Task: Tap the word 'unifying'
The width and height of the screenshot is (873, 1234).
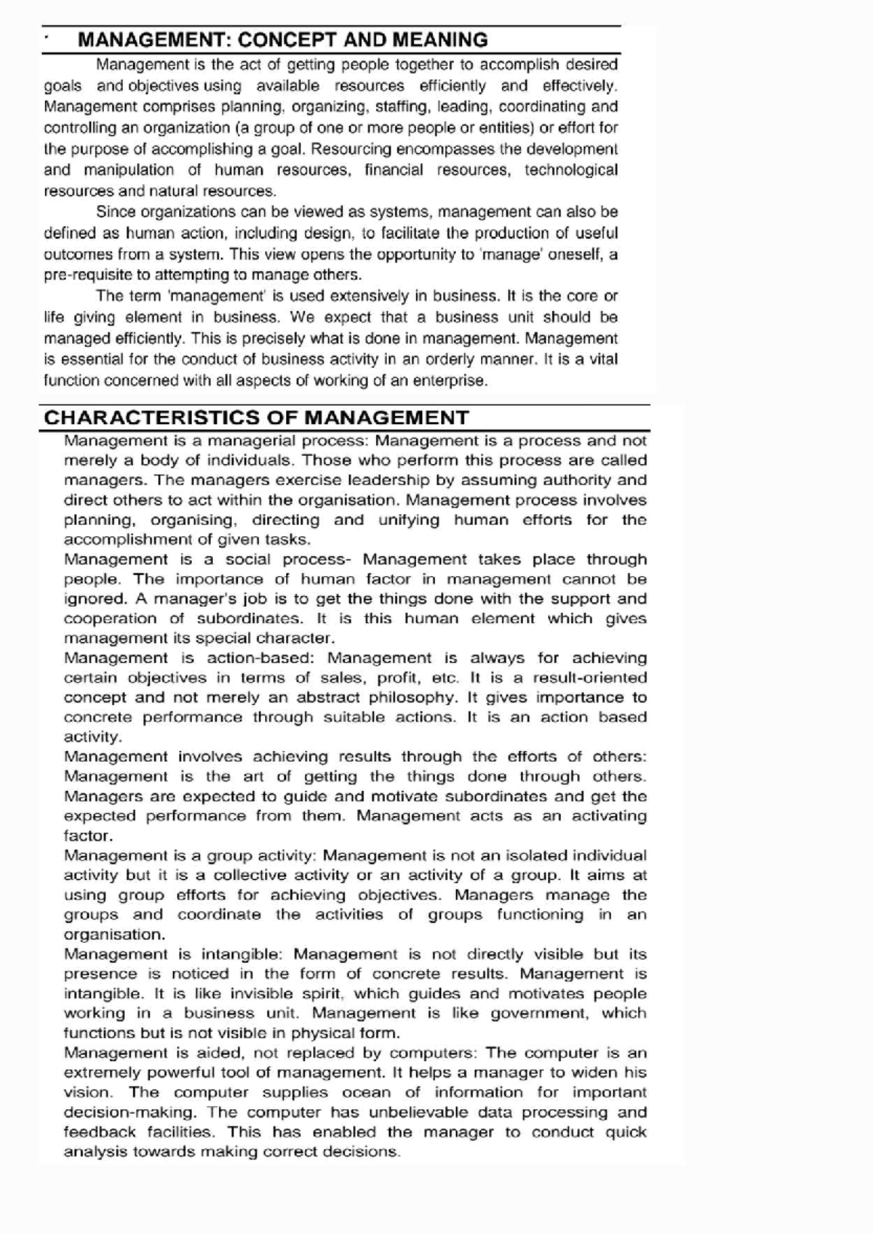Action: (x=409, y=520)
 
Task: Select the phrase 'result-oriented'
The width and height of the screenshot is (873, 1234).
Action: (x=590, y=678)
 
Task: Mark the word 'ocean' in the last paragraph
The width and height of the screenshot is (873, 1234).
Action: (x=366, y=1092)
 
